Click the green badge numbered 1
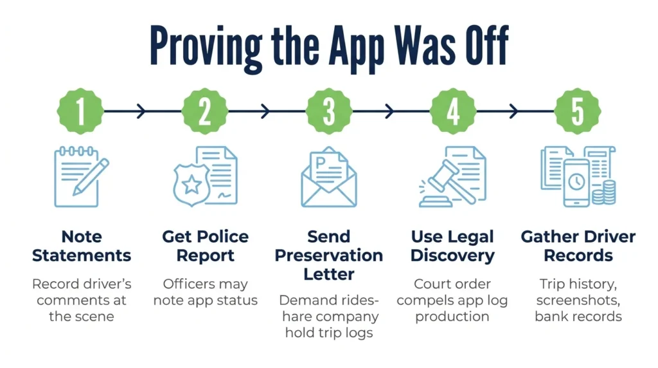[x=80, y=111]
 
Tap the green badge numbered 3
[x=329, y=111]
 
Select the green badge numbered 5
[x=578, y=111]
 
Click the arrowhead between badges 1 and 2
[x=141, y=111]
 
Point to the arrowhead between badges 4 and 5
[x=513, y=111]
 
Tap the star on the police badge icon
[x=191, y=184]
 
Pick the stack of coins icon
[x=604, y=192]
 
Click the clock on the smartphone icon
[x=576, y=182]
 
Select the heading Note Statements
[x=82, y=246]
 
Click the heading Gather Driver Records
[x=578, y=246]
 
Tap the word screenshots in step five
[x=578, y=300]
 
